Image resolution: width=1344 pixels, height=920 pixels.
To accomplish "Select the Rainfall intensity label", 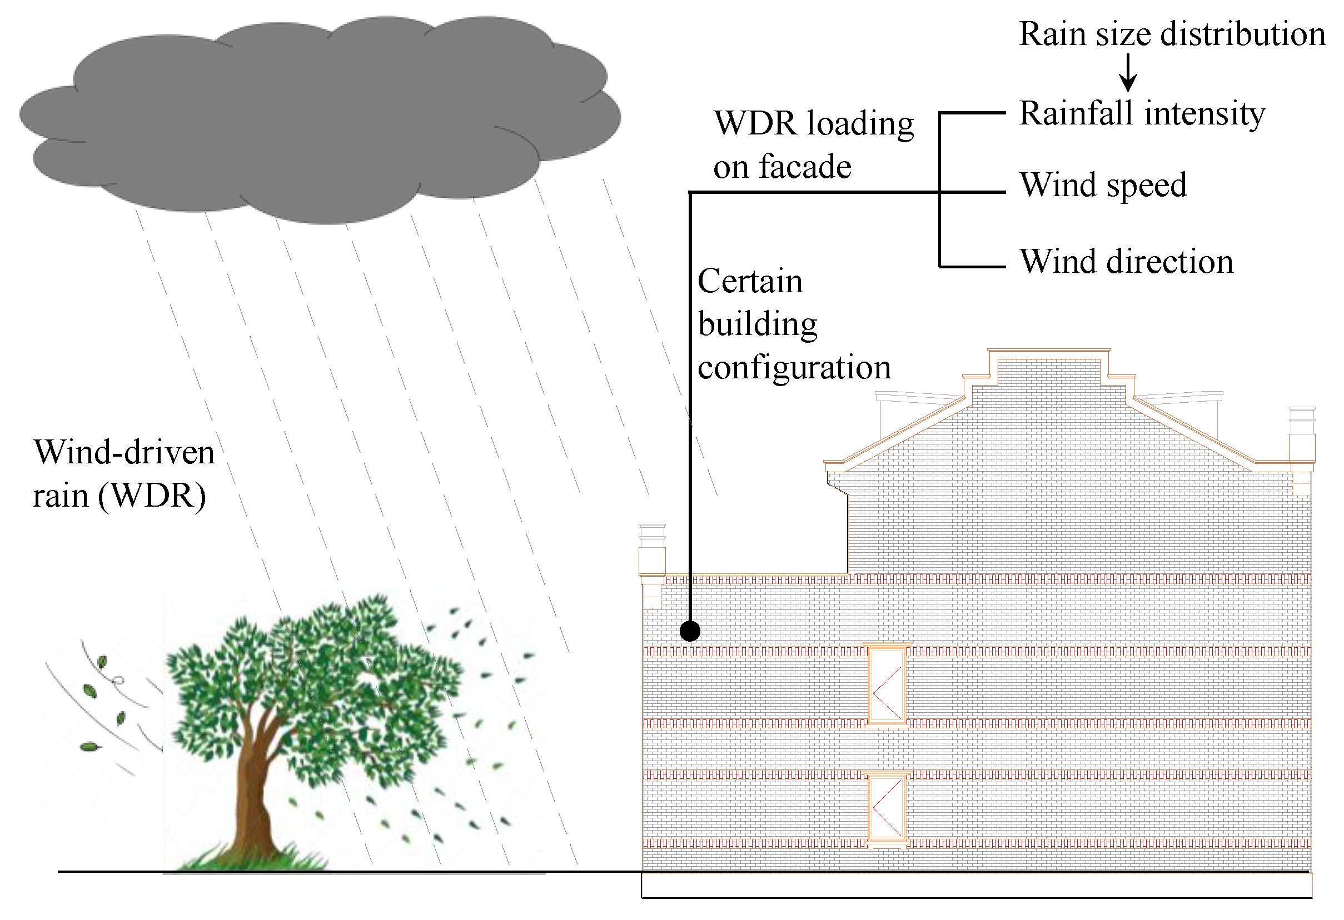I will pyautogui.click(x=1142, y=113).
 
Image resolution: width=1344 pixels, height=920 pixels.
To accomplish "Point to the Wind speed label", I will pyautogui.click(x=1103, y=186).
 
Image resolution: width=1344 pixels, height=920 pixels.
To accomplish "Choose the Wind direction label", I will pyautogui.click(x=1126, y=262).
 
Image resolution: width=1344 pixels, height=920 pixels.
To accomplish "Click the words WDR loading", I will pyautogui.click(x=814, y=124).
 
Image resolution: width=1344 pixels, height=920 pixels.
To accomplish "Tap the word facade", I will pyautogui.click(x=805, y=167).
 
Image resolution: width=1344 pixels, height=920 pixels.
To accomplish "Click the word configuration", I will pyautogui.click(x=794, y=368).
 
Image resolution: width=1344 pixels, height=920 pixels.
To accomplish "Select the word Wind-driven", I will pyautogui.click(x=124, y=452).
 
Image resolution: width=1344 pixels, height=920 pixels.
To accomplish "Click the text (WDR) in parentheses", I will pyautogui.click(x=152, y=496).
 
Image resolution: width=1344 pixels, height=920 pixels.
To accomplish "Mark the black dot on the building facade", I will pyautogui.click(x=690, y=631).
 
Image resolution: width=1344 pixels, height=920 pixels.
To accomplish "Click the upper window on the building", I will pyautogui.click(x=887, y=686).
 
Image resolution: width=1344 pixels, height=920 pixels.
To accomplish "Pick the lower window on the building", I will pyautogui.click(x=887, y=807).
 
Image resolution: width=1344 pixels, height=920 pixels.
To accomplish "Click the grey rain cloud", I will pyautogui.click(x=318, y=116).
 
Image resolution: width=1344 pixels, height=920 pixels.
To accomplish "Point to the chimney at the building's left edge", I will pyautogui.click(x=652, y=555).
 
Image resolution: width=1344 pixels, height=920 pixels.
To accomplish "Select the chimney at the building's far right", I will pyautogui.click(x=1302, y=439).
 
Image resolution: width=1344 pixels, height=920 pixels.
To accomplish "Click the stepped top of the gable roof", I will pyautogui.click(x=1048, y=364).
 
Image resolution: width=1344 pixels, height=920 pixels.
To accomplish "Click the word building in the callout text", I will pyautogui.click(x=758, y=324).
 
